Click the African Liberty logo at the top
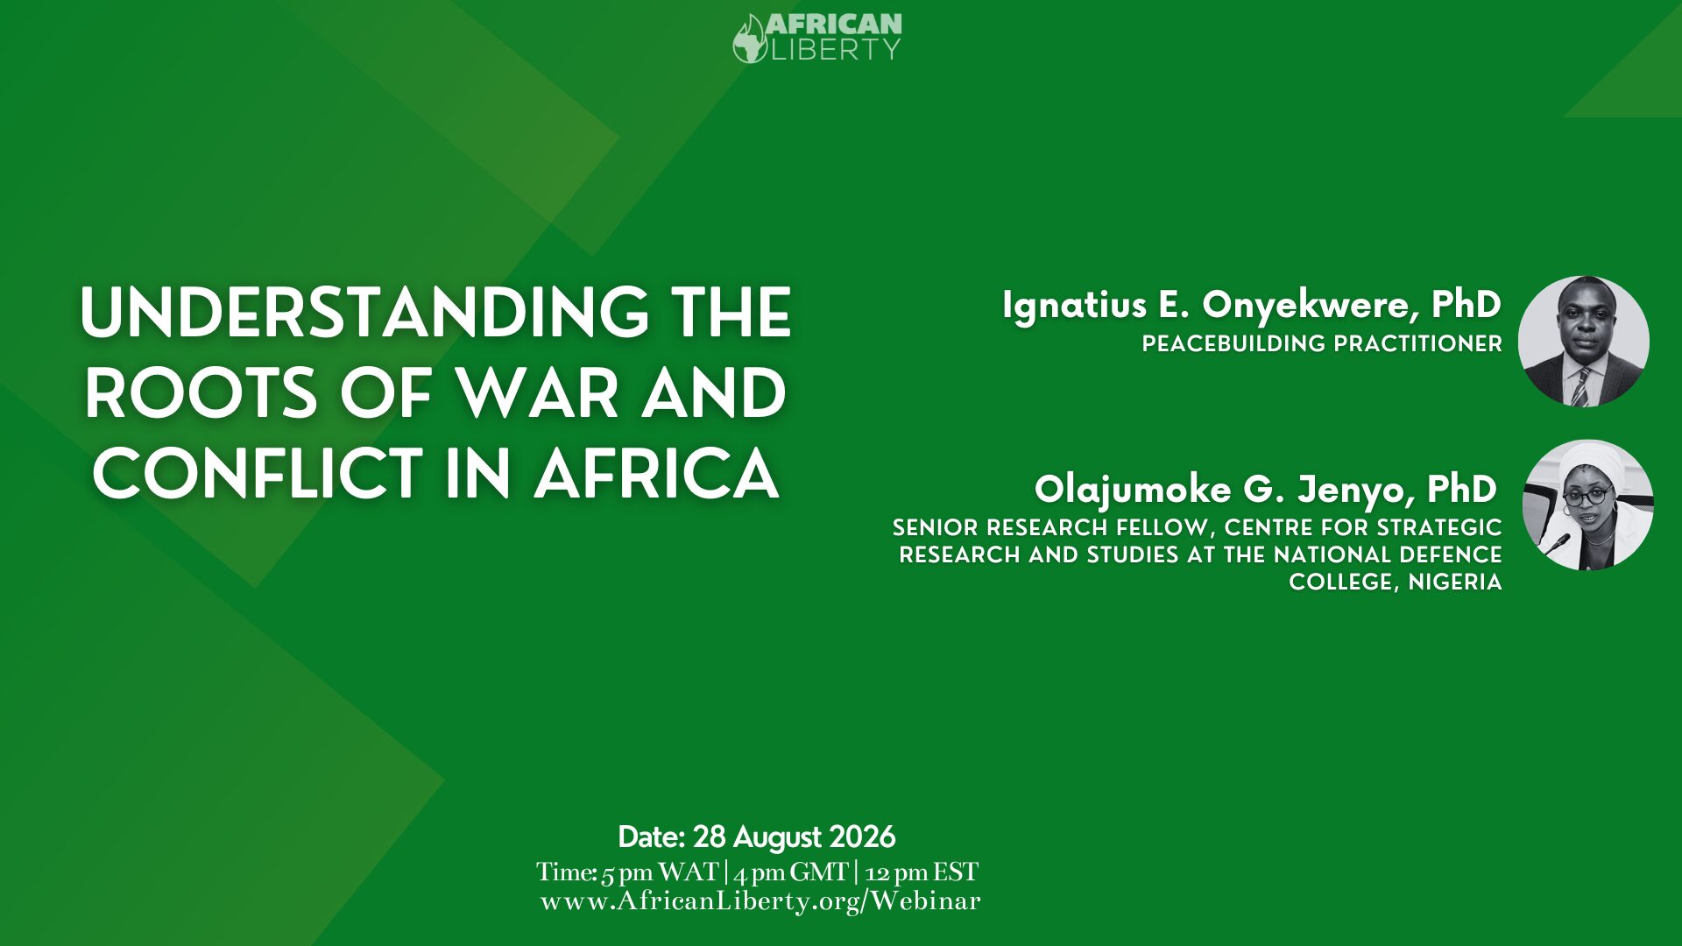pyautogui.click(x=817, y=38)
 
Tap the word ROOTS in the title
pyautogui.click(x=201, y=393)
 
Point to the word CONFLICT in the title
pyautogui.click(x=258, y=474)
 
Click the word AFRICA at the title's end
pyautogui.click(x=656, y=474)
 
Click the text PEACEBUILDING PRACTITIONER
pyautogui.click(x=1322, y=344)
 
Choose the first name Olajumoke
pyautogui.click(x=1134, y=491)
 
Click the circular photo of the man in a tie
pyautogui.click(x=1584, y=342)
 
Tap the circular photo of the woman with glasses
pyautogui.click(x=1588, y=505)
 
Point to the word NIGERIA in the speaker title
pyautogui.click(x=1455, y=582)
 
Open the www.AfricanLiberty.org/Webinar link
pyautogui.click(x=760, y=901)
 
